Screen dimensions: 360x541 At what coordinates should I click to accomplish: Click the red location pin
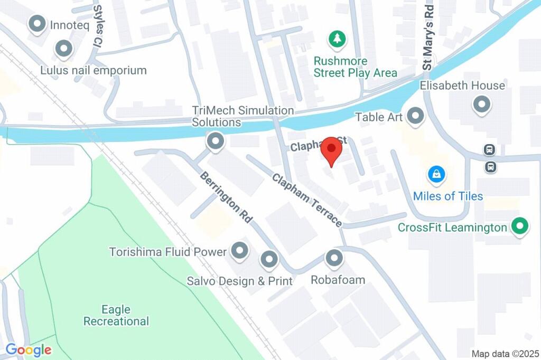tap(331, 150)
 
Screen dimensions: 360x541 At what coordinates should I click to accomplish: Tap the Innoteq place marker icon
tap(38, 24)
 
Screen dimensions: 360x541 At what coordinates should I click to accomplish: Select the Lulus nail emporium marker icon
tap(64, 49)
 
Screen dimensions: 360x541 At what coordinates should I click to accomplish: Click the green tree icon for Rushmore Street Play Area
tap(337, 38)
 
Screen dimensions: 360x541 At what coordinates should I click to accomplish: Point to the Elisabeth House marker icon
tap(481, 104)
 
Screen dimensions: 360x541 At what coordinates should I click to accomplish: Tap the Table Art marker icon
tap(415, 116)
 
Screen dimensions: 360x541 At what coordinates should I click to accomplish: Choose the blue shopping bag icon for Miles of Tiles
tap(436, 174)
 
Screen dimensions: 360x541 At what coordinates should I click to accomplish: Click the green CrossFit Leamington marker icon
tap(520, 227)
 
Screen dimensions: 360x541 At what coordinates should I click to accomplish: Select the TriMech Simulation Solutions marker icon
tap(215, 141)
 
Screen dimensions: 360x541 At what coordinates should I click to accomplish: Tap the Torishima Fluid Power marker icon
tap(240, 251)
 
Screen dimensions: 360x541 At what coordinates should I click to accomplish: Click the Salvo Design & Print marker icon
tap(269, 259)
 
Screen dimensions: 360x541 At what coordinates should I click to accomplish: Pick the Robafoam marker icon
tap(334, 258)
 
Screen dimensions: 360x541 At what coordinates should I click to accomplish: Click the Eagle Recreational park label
tap(116, 315)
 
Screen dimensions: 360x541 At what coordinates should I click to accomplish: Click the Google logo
tap(29, 349)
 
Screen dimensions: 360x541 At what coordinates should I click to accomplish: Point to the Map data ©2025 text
tap(504, 353)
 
